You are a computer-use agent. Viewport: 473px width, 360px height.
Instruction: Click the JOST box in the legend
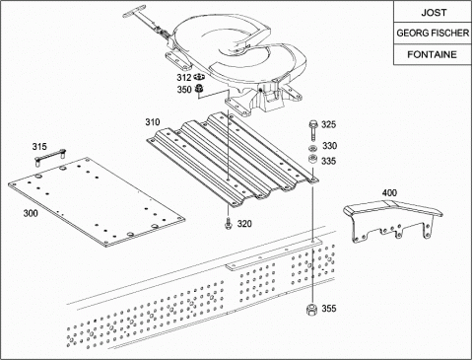pos(433,12)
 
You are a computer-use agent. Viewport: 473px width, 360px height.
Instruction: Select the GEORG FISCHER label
pos(433,34)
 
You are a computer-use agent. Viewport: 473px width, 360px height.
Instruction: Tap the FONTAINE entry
pos(432,54)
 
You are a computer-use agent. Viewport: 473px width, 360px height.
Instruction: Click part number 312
pos(184,78)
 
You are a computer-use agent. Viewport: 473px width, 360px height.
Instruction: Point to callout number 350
pos(184,90)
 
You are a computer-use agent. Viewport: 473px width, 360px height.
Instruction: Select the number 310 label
pos(153,122)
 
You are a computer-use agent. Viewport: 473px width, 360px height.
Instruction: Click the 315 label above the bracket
pos(39,147)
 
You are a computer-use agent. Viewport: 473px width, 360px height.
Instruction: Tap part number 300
pos(31,213)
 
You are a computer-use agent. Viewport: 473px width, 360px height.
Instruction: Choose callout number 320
pos(244,224)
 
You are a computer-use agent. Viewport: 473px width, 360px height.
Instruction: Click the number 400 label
pos(389,193)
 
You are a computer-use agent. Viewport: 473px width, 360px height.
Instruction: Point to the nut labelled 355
pos(310,310)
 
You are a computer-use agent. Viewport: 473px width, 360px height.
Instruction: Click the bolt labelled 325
pos(312,130)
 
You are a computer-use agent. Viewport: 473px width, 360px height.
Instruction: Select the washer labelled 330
pos(312,148)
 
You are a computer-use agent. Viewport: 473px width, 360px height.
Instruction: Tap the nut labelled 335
pos(312,159)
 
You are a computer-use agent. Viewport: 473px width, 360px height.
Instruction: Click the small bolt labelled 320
pos(228,224)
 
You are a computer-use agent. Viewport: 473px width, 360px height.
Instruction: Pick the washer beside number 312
pos(199,77)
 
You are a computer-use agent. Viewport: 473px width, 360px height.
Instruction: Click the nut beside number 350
pos(199,88)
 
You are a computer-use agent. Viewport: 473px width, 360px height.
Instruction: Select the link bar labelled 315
pos(50,155)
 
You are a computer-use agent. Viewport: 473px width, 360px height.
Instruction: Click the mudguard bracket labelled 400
pos(393,220)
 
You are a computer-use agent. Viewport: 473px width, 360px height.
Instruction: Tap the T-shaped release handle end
pos(134,11)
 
